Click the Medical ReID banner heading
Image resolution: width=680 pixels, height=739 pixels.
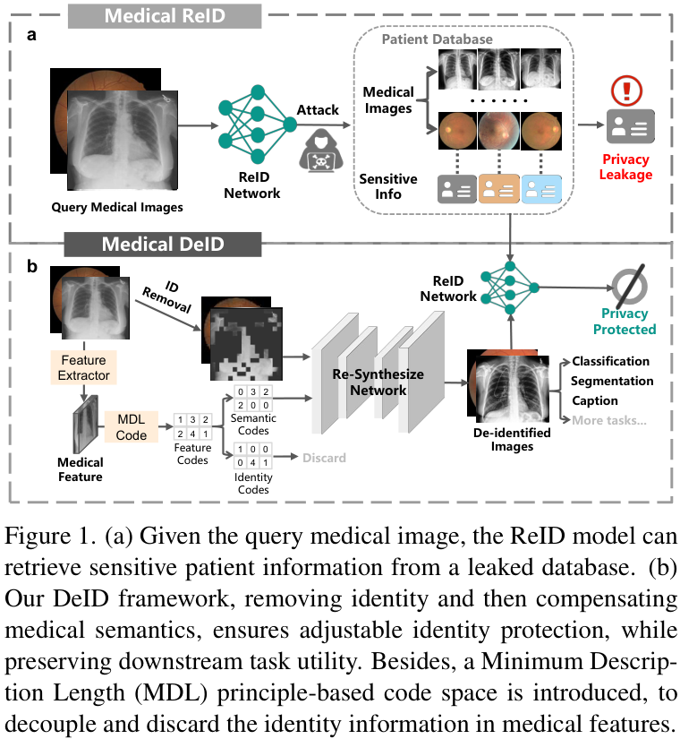coord(165,16)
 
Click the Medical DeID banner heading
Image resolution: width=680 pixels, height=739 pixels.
coord(163,245)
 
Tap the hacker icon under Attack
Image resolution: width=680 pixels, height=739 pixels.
coord(320,150)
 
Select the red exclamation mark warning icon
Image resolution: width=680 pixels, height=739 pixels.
coord(626,90)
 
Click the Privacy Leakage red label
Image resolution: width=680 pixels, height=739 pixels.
coord(625,167)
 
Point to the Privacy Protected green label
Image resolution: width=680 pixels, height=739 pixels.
coord(625,322)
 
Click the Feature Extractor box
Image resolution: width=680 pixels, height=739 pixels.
coord(84,367)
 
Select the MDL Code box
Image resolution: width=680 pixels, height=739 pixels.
coord(131,427)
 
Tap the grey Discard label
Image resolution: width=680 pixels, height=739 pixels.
coord(324,458)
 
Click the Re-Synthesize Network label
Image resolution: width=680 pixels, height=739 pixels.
coord(378,382)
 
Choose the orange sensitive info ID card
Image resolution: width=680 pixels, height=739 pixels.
coord(499,189)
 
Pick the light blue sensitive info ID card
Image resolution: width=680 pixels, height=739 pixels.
coord(541,189)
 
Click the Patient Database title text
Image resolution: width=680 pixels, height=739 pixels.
coord(437,39)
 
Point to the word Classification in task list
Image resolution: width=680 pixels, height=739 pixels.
coord(610,361)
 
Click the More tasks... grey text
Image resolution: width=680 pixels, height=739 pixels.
coord(609,420)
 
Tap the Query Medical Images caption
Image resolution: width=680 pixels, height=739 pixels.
coord(117,208)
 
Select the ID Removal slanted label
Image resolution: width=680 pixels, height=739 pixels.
coord(168,296)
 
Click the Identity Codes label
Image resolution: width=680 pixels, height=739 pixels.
coord(253,484)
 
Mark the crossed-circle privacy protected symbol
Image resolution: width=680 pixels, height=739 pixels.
coord(629,286)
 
